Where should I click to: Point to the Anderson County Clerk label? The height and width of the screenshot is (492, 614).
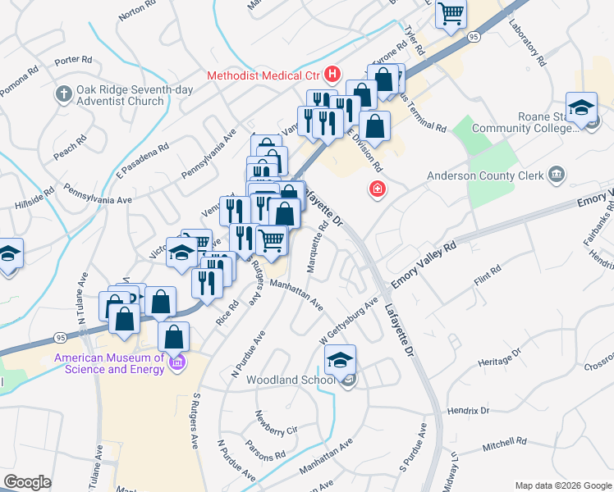(484, 175)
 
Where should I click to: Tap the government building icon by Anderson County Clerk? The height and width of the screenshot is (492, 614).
(557, 174)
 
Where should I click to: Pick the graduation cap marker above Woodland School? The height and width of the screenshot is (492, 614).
(340, 359)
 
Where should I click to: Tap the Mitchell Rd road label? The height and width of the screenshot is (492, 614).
(504, 444)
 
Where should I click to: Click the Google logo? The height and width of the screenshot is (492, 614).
(27, 482)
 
